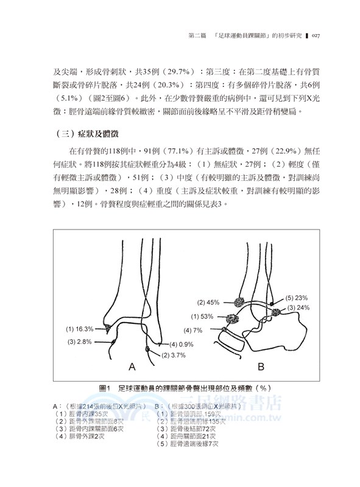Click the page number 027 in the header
click(312, 36)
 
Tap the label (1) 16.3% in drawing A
click(80, 329)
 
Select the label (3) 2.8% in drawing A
click(78, 342)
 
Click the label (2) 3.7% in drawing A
click(175, 354)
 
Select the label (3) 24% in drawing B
click(300, 308)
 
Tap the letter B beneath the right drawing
click(261, 366)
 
